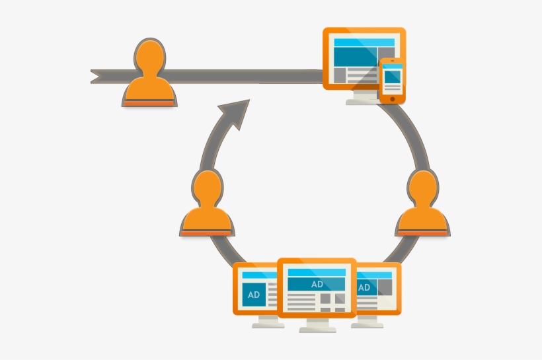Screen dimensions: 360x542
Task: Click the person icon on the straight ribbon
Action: coord(149,76)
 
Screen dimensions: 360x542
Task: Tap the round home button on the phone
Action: coord(393,98)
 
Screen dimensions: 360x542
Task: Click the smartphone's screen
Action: coord(393,79)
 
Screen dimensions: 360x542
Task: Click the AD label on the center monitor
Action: coord(317,284)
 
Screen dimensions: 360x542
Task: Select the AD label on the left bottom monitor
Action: coord(254,295)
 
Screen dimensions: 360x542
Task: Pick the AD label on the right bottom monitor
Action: coord(364,288)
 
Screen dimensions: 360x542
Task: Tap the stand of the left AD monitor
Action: coord(260,322)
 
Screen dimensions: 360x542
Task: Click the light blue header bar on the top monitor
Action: coord(364,42)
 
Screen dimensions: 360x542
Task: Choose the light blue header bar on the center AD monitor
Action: coord(317,272)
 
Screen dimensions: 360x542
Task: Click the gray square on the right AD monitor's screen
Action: coord(383,287)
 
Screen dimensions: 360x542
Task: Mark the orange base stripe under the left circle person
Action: coord(206,233)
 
